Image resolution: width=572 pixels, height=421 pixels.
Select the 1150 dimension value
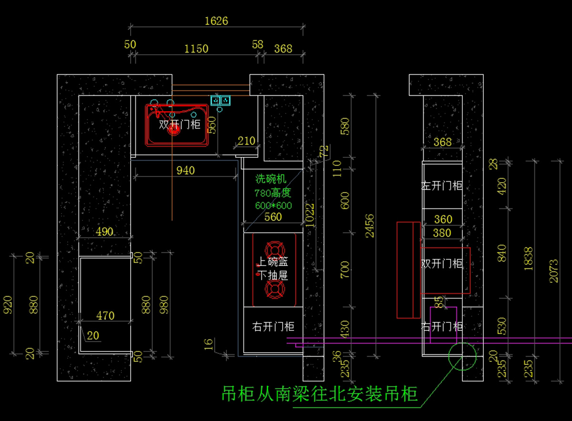(x=196, y=49)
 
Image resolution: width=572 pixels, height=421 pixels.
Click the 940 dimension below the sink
(x=185, y=170)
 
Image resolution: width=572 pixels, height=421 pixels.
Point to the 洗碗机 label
(x=271, y=179)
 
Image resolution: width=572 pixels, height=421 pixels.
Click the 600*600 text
(x=274, y=205)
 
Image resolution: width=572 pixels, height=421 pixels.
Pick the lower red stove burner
(x=275, y=289)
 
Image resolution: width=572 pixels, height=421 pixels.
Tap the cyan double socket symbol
(x=221, y=100)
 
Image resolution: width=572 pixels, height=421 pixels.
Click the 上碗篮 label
(x=273, y=262)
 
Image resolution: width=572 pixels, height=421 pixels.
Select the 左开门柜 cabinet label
(x=442, y=185)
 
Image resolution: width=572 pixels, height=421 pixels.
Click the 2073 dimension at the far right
(x=553, y=270)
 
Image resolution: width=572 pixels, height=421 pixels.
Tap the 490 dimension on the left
(x=104, y=232)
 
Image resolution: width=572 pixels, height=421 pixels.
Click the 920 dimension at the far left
(x=8, y=304)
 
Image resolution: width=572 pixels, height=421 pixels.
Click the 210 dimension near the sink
(x=246, y=141)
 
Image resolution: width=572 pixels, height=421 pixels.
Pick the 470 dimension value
(x=105, y=316)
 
